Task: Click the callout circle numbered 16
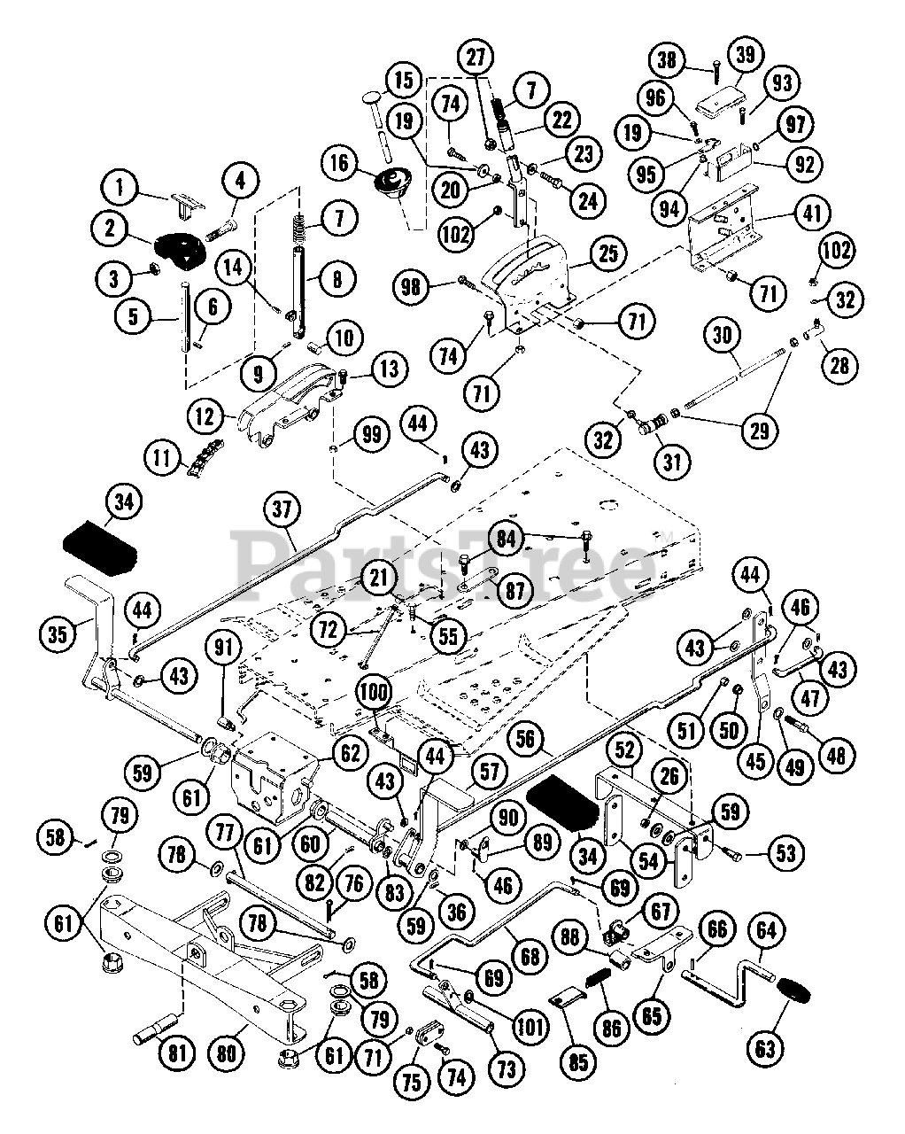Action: click(342, 164)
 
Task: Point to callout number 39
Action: click(746, 55)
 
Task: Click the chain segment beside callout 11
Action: click(200, 459)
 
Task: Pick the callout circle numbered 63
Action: click(765, 1048)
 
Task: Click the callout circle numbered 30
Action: click(723, 336)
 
